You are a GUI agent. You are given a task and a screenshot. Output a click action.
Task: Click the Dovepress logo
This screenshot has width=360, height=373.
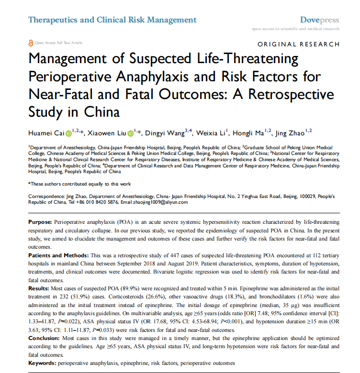(x=319, y=20)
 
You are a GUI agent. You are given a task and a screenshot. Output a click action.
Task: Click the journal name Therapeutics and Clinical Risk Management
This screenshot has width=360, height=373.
(x=112, y=20)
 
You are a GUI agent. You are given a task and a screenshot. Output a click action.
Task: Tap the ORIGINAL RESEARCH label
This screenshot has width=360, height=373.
(x=298, y=44)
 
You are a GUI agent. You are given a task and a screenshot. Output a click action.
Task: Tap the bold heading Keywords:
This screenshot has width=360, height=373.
(x=42, y=363)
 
